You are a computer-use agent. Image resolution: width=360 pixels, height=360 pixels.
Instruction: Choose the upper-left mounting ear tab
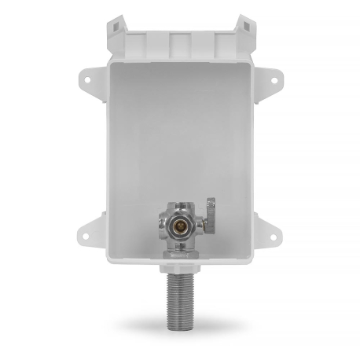click(88, 79)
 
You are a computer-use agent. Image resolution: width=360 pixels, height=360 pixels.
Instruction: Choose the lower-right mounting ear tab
click(272, 229)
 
